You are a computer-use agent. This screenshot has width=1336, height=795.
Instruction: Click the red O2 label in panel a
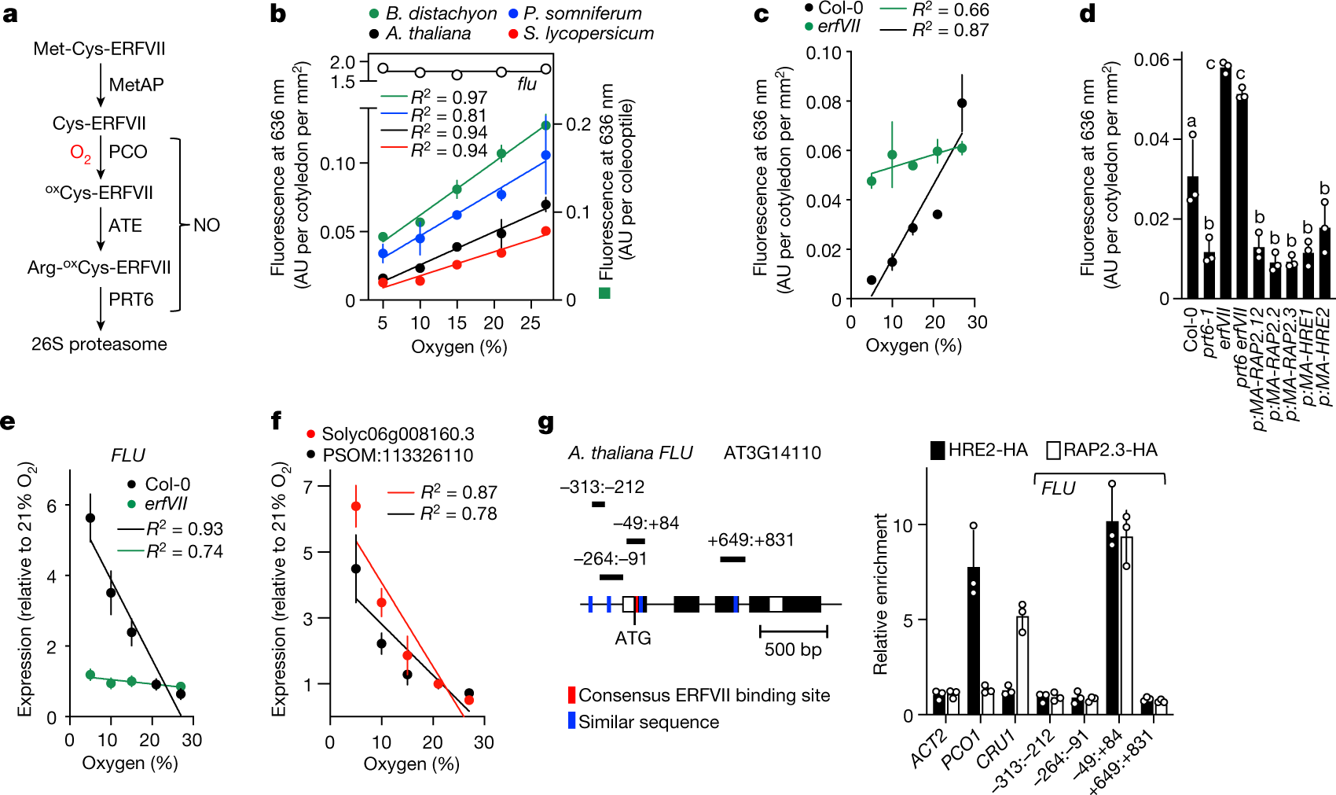80,153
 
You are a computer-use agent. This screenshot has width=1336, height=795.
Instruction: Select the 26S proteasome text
99,344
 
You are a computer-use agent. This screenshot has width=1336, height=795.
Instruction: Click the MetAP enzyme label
136,85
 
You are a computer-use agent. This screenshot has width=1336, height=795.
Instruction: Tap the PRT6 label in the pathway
130,300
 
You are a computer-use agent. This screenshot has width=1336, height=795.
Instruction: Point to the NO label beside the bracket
207,226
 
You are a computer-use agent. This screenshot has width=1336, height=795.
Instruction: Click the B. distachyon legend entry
433,13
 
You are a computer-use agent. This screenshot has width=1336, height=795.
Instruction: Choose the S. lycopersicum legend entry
581,34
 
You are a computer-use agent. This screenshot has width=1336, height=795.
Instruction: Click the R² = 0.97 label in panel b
448,98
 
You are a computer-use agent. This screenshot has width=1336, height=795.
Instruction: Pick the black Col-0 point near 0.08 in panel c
962,103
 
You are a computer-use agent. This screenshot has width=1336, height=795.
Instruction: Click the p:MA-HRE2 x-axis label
1323,358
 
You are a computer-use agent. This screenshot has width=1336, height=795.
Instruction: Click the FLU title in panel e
128,456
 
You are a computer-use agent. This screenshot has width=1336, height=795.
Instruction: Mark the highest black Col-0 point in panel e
90,517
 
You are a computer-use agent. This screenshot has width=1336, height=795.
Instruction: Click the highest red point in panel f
355,506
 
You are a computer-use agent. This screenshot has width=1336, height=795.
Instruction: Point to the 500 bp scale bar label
792,650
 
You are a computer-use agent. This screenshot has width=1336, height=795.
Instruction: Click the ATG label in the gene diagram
633,638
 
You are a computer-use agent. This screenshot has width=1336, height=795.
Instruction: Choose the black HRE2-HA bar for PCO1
974,640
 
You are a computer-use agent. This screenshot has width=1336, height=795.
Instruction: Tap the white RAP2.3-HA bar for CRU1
1022,665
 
